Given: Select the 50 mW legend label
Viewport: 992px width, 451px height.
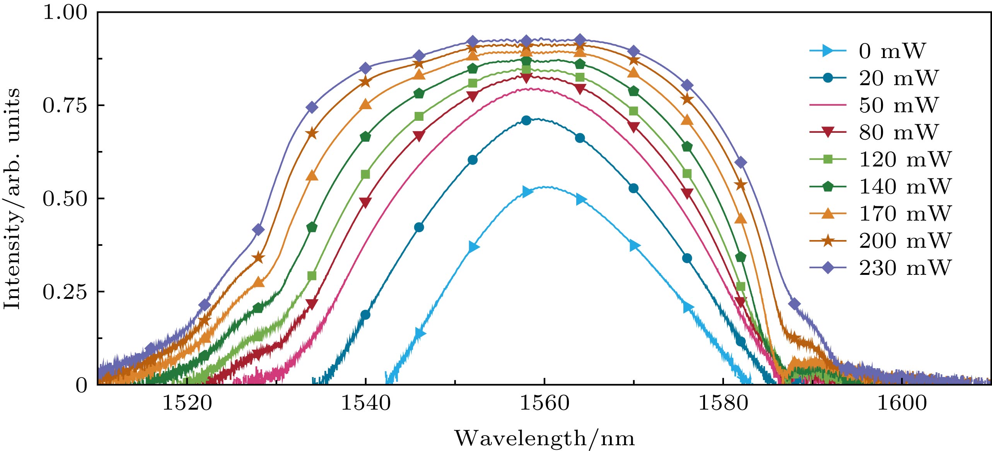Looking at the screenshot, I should pyautogui.click(x=898, y=105).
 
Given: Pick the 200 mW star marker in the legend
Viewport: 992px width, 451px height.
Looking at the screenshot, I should pyautogui.click(x=828, y=240).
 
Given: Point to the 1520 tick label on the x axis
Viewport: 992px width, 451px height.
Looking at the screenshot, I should pyautogui.click(x=187, y=403).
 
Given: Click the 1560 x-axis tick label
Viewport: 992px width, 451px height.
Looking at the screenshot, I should pyautogui.click(x=544, y=403).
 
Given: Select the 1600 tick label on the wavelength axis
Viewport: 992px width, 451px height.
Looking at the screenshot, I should pyautogui.click(x=902, y=403).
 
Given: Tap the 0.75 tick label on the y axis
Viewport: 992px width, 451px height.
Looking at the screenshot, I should pyautogui.click(x=65, y=105).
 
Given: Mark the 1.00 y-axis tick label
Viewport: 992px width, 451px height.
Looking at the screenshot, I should pyautogui.click(x=65, y=12).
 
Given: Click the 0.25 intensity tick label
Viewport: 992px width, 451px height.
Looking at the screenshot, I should pyautogui.click(x=65, y=292).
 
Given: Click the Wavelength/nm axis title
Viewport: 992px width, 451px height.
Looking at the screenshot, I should pyautogui.click(x=544, y=438).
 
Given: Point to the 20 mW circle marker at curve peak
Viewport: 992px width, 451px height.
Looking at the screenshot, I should pyautogui.click(x=526, y=120).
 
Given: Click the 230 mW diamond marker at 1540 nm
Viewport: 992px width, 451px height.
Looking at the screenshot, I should pyautogui.click(x=365, y=69).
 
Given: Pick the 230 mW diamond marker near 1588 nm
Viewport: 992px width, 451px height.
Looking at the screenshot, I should pyautogui.click(x=794, y=304).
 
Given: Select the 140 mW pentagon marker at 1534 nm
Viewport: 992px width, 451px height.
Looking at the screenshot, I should pyautogui.click(x=312, y=227).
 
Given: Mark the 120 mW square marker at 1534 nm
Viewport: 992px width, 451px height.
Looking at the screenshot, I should pyautogui.click(x=312, y=276).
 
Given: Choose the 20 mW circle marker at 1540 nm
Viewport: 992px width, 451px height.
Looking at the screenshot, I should pyautogui.click(x=365, y=315).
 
